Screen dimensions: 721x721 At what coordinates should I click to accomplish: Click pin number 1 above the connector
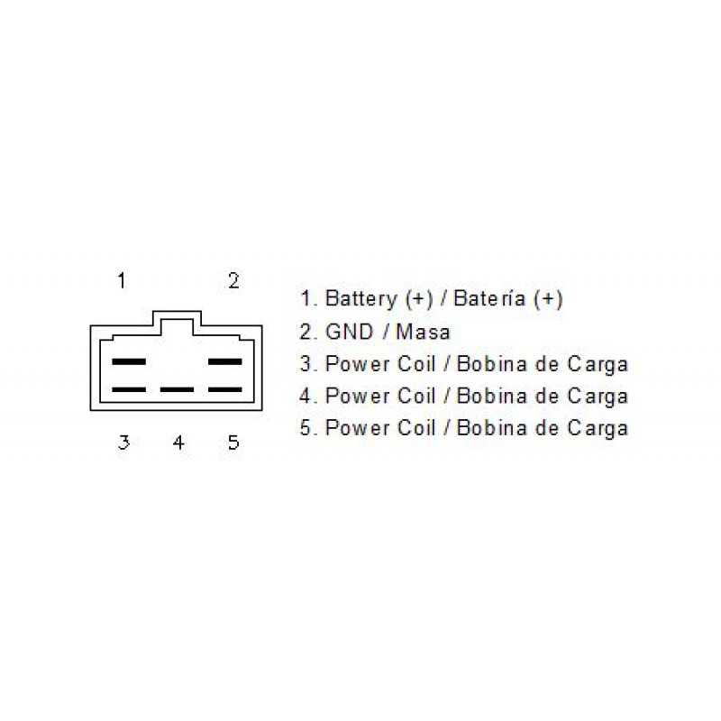tap(122, 280)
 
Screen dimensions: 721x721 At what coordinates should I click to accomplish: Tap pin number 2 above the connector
tap(233, 280)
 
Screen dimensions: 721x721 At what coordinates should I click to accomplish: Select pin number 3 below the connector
tap(123, 443)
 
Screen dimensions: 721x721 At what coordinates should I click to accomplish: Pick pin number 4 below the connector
tap(178, 443)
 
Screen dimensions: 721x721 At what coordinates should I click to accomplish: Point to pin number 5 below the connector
tap(233, 443)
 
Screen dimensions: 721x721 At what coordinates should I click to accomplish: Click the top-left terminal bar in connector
tap(129, 362)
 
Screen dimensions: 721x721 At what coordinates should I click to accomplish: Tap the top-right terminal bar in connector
tap(224, 362)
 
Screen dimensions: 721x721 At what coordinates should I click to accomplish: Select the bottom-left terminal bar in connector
tap(129, 389)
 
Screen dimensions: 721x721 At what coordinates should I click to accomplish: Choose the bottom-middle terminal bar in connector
tap(177, 389)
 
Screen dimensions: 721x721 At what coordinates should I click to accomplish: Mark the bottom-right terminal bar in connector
tap(224, 389)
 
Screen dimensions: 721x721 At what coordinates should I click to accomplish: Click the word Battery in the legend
tap(361, 299)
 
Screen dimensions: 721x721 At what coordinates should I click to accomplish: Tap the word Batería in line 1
tap(489, 298)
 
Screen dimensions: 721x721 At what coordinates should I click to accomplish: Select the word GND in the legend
tap(349, 332)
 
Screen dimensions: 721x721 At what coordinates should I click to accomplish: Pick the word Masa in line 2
tap(423, 332)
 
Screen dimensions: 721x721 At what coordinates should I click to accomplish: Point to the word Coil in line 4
tap(416, 396)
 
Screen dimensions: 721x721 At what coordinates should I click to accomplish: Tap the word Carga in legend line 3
tap(598, 365)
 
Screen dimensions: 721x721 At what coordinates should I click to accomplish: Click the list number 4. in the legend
tap(308, 396)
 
